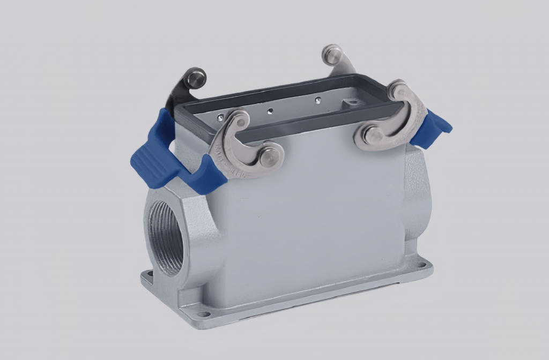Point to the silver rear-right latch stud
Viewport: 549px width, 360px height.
tap(332, 54)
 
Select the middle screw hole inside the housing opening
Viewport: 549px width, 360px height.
tap(271, 111)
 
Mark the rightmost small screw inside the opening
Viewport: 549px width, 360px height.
tap(318, 99)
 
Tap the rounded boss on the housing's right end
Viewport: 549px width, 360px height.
tap(417, 198)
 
